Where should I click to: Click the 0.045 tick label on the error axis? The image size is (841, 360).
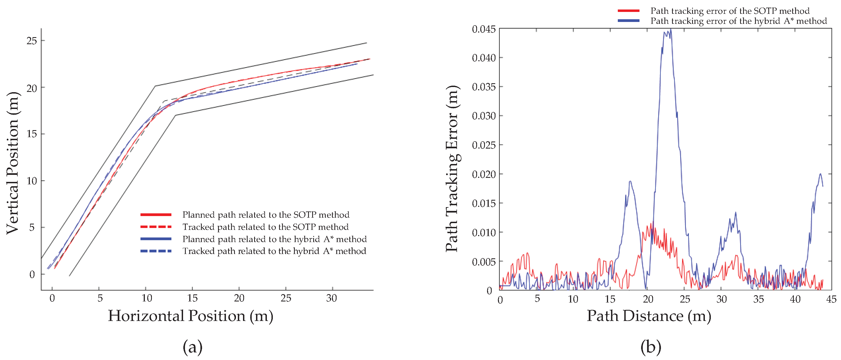[484, 29]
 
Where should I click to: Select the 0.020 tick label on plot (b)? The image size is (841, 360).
[484, 174]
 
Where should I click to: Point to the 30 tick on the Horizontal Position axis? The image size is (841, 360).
[331, 298]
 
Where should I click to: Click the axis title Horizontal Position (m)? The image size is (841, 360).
[191, 316]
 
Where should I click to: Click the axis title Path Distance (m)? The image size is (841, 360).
[649, 316]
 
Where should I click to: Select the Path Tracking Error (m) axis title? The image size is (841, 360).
[453, 168]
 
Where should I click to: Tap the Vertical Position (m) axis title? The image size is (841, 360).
[13, 163]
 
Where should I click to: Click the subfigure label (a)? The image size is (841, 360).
[192, 347]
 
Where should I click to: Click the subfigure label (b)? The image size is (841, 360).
[651, 347]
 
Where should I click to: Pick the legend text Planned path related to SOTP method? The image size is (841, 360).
[266, 215]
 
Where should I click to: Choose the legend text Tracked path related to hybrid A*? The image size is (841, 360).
[274, 251]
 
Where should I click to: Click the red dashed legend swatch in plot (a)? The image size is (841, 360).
[156, 227]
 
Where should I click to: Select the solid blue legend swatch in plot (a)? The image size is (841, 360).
[156, 239]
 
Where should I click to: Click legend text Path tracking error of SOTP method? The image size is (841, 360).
[730, 11]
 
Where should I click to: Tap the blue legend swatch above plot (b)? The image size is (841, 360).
[628, 21]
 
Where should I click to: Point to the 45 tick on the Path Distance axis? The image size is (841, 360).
[831, 299]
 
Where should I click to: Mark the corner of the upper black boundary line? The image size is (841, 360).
[155, 86]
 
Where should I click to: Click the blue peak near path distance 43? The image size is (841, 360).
[820, 174]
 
